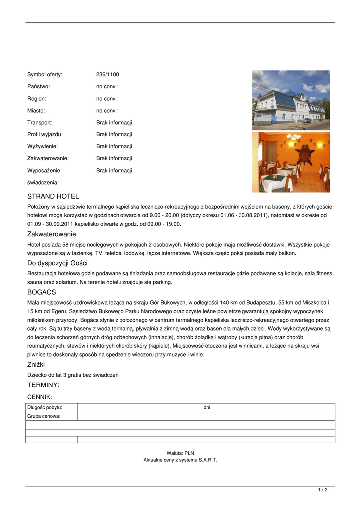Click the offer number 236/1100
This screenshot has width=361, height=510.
point(107,75)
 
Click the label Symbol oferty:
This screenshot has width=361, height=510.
point(45,75)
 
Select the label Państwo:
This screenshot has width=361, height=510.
point(39,87)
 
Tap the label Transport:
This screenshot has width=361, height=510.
point(40,123)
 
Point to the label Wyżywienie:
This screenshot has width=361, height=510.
point(42,146)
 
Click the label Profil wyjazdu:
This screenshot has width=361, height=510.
point(45,134)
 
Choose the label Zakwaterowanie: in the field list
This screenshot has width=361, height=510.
point(48,158)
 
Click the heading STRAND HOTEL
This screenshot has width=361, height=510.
point(53,197)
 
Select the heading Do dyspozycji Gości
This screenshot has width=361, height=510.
point(57,263)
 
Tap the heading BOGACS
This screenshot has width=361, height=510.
point(41,292)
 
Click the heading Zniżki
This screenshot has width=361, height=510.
point(36,365)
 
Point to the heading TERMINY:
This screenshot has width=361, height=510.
point(43,385)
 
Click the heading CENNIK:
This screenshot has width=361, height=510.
point(39,397)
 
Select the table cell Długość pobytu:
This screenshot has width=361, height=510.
point(45,408)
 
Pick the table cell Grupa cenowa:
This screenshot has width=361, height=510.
point(44,416)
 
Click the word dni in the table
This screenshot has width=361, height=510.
point(206,408)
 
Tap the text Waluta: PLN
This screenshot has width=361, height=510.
point(180,453)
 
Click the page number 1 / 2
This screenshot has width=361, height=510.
point(323,490)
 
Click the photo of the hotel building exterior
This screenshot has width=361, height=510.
point(291,100)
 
